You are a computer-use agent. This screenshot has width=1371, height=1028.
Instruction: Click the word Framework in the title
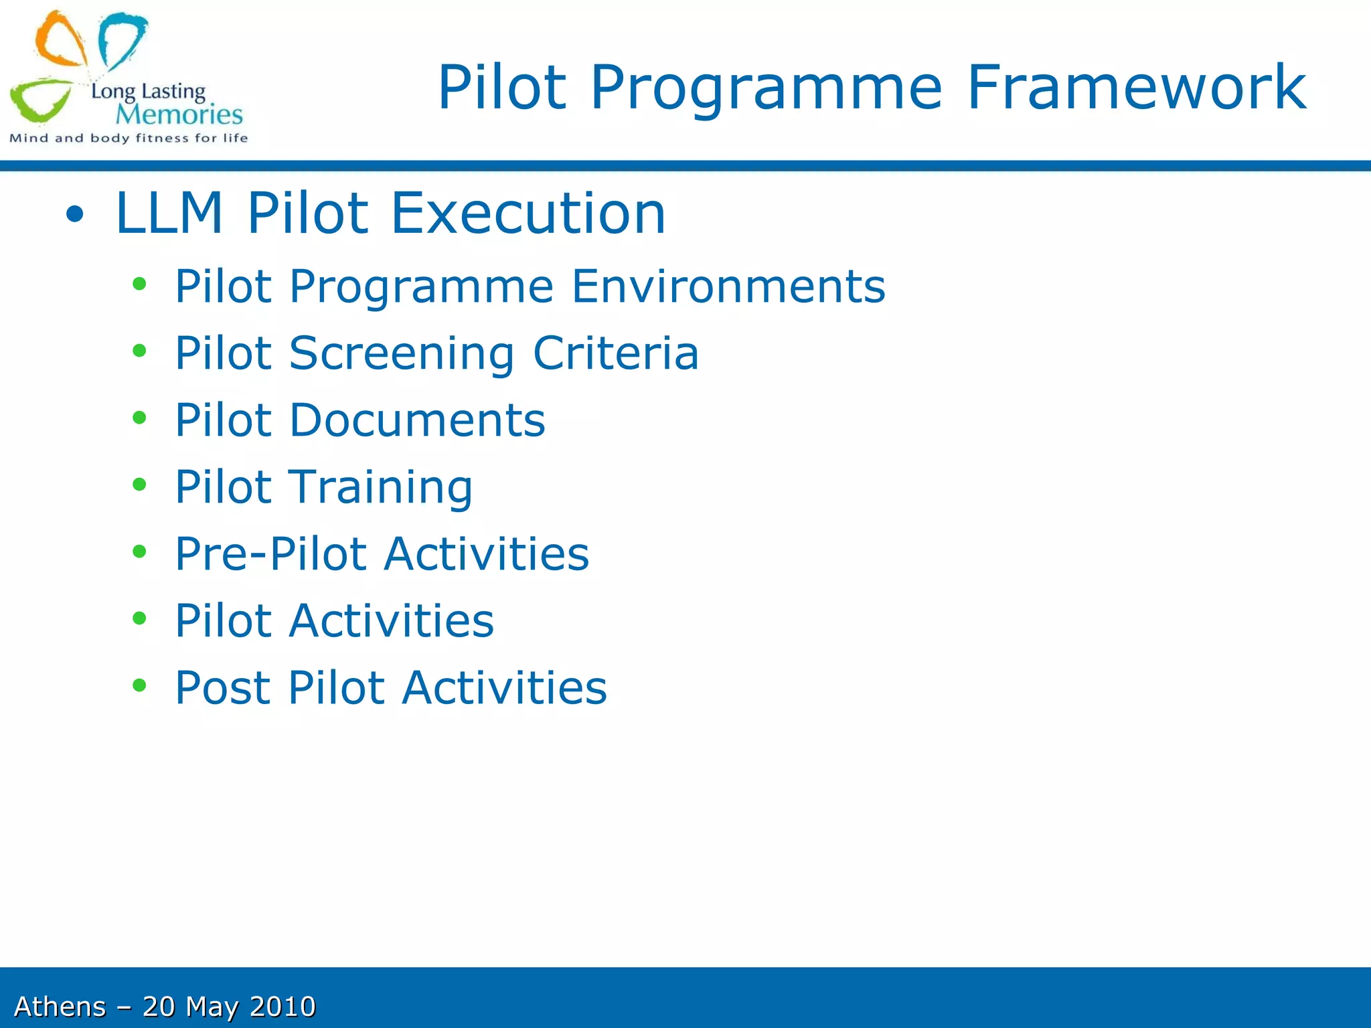tap(1136, 87)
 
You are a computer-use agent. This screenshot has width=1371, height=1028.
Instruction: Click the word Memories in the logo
tap(179, 114)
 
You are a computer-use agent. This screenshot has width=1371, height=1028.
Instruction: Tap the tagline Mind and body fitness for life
tap(129, 139)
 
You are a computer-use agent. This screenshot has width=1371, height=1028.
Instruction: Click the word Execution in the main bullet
tap(528, 213)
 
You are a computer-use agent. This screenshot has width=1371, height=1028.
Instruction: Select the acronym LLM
tap(169, 213)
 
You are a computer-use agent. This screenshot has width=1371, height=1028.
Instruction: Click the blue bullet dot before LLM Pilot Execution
tap(75, 215)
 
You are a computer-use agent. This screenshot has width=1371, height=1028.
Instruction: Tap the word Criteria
tap(615, 353)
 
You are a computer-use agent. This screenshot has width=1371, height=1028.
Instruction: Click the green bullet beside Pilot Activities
tap(139, 618)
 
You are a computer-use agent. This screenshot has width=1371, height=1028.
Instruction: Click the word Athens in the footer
tap(60, 1007)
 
